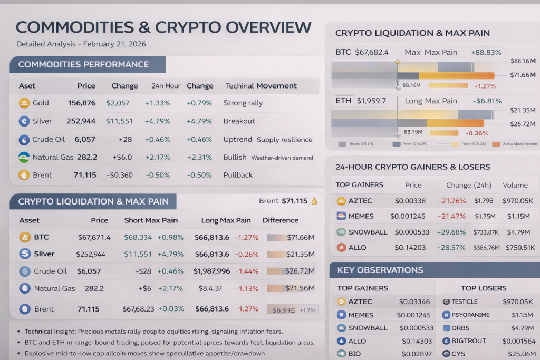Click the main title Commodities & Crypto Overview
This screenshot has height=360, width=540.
(x=163, y=27)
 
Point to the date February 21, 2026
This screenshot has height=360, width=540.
(x=112, y=44)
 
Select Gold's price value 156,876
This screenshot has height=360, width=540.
(x=82, y=103)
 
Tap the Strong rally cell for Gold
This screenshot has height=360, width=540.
(x=243, y=103)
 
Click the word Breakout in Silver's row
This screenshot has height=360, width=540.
(x=239, y=121)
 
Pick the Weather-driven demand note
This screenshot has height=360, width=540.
(x=282, y=158)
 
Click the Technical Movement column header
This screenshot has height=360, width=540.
(x=261, y=86)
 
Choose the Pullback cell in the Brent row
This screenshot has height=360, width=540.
(x=238, y=175)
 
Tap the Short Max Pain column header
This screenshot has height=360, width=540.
(x=151, y=220)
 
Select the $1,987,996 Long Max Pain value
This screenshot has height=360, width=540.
(x=211, y=271)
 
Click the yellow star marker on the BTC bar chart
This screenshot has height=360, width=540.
(x=398, y=62)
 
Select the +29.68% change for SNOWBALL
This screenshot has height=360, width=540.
(x=451, y=232)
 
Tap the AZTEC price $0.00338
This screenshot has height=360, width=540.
(x=411, y=201)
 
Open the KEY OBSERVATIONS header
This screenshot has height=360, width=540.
(x=380, y=270)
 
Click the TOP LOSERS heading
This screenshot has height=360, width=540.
(x=484, y=288)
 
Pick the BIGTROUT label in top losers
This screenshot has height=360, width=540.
(x=469, y=341)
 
